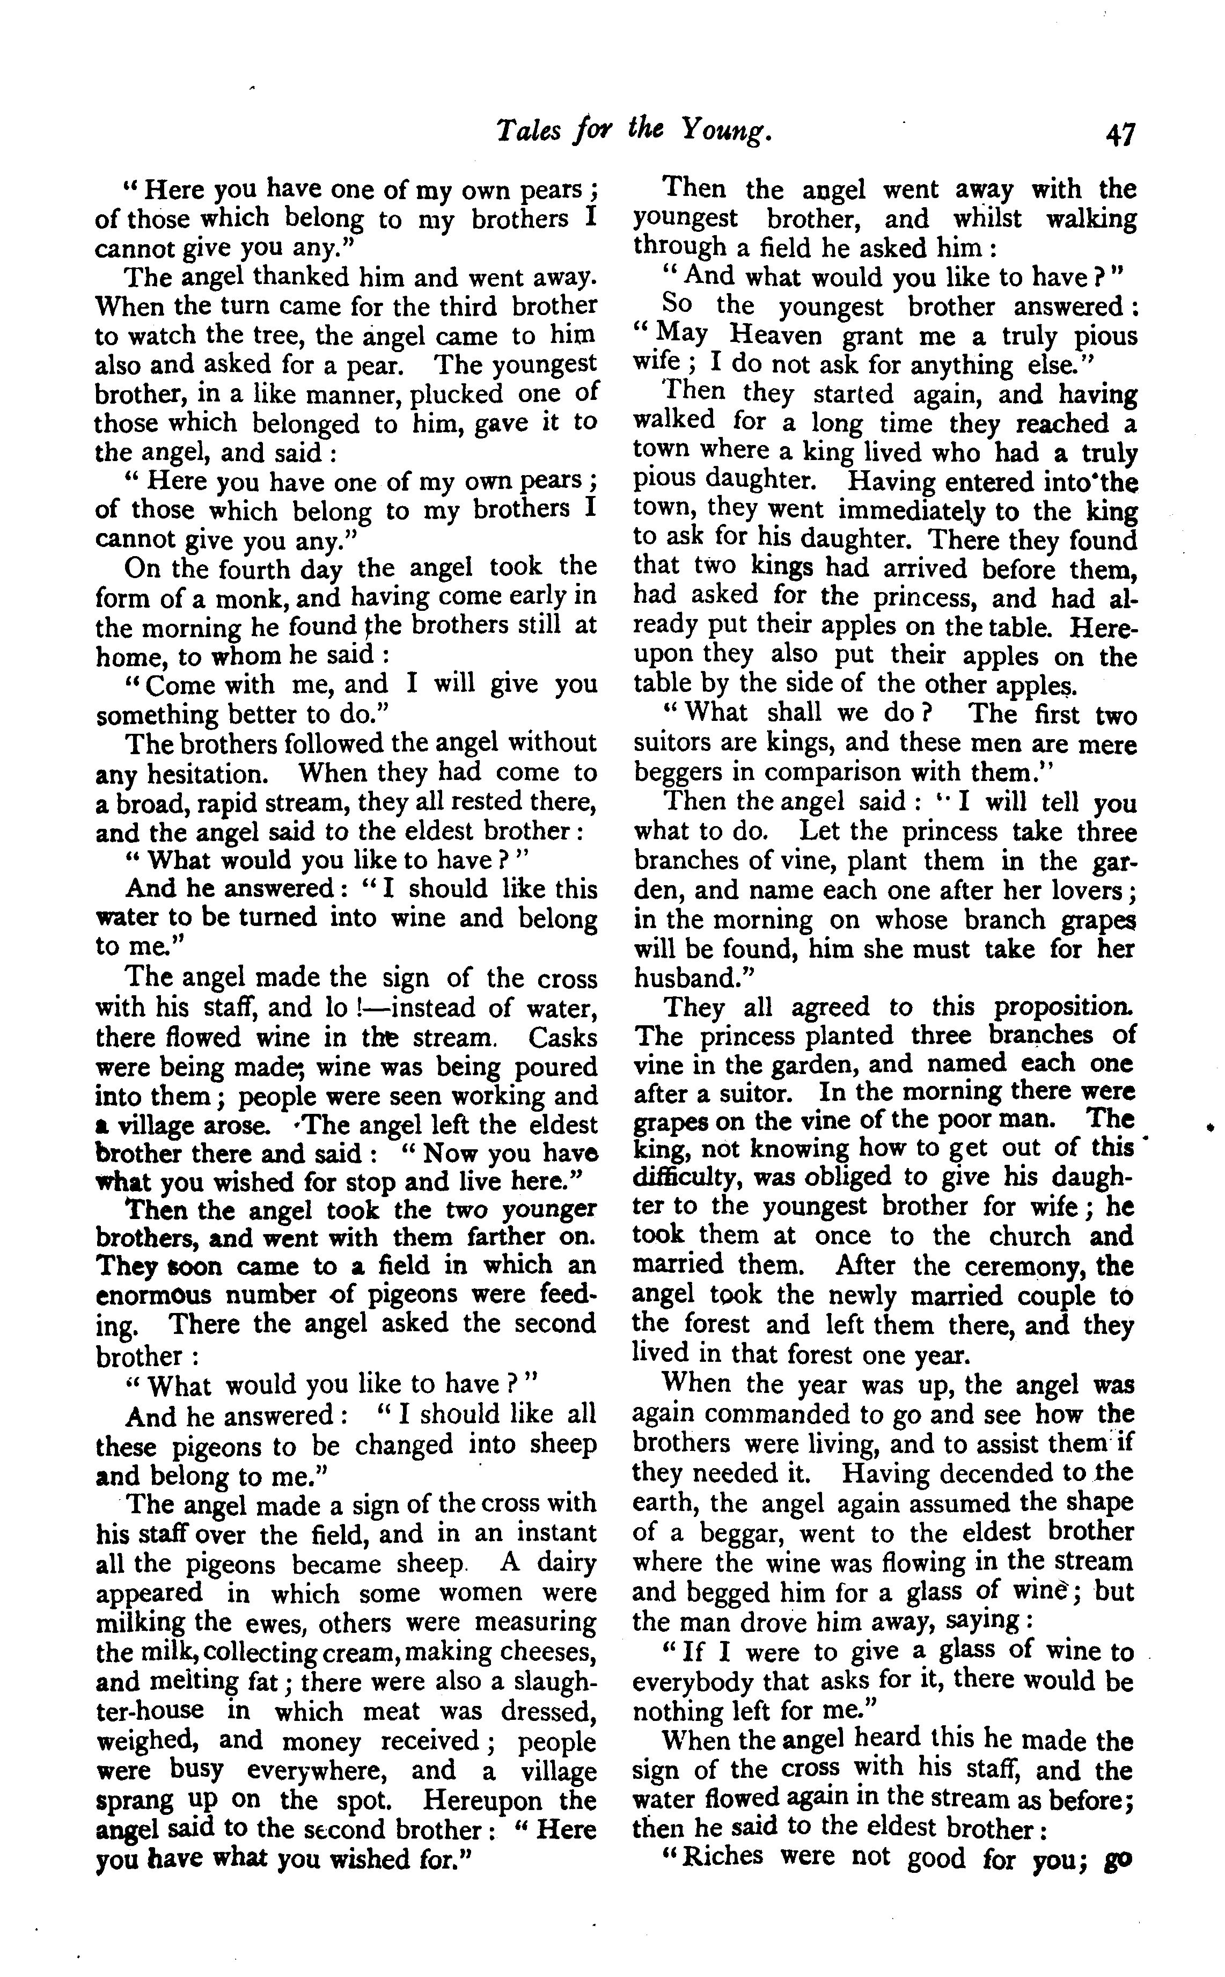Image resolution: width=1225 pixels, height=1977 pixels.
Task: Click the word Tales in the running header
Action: [x=526, y=130]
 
